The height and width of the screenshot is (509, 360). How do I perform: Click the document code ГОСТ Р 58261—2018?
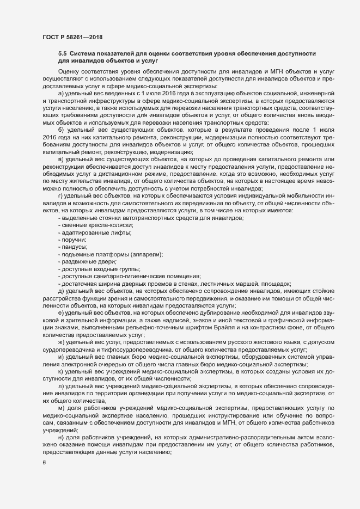73,37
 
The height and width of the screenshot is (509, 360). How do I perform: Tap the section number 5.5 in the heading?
62,53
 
